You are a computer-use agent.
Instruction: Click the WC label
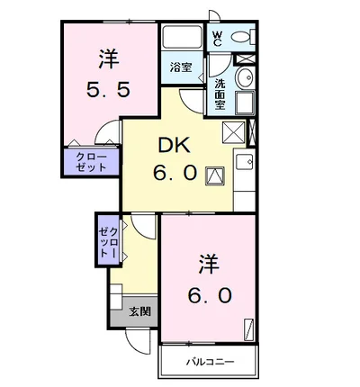(x=217, y=39)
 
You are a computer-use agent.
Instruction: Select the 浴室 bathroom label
(x=181, y=67)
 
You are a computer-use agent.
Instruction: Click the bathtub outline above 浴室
(x=182, y=37)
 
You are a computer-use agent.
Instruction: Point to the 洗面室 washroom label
(x=220, y=94)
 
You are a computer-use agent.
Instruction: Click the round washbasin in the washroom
(x=245, y=76)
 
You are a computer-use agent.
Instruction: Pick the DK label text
(x=175, y=146)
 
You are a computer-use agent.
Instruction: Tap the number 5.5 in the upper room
(x=109, y=89)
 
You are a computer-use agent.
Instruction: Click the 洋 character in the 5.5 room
(x=109, y=58)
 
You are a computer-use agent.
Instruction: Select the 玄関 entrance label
(x=139, y=312)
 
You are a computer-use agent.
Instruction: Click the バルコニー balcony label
(x=210, y=362)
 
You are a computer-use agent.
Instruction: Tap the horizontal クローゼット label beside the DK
(x=91, y=162)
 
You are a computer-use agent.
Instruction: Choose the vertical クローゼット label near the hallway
(x=108, y=242)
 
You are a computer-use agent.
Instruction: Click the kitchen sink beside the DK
(x=245, y=162)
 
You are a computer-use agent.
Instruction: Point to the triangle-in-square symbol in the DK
(x=215, y=176)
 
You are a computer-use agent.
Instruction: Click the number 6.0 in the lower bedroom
(x=210, y=295)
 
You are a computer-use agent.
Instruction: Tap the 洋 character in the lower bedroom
(x=209, y=264)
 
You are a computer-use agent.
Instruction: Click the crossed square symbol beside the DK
(x=233, y=132)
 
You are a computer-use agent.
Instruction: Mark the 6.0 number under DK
(x=175, y=173)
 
